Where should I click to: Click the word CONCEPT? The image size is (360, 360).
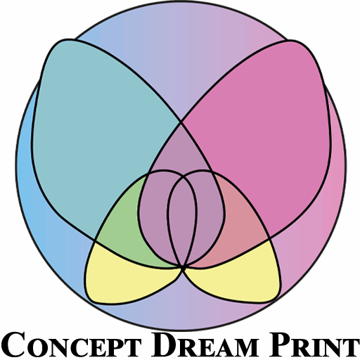[x=71, y=344]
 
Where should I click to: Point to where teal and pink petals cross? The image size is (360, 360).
[x=181, y=122]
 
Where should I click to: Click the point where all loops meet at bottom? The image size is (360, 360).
[x=183, y=268]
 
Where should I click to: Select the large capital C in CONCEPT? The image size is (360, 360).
[x=13, y=344]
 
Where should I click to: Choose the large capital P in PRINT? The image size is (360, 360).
[x=279, y=344]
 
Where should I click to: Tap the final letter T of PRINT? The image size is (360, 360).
[x=349, y=347]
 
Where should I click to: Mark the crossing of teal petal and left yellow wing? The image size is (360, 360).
[x=95, y=240]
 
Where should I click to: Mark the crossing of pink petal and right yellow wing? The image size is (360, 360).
[x=269, y=239]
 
